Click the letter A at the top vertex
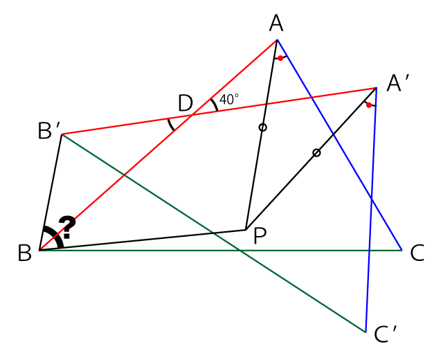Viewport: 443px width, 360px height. coord(276,24)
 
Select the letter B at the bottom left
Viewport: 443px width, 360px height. coord(25,253)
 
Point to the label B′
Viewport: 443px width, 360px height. coord(49,131)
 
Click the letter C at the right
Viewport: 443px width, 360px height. coord(417,253)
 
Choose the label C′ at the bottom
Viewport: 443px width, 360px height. coord(386,334)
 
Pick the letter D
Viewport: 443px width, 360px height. coord(186,103)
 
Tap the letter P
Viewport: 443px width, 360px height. coord(260,236)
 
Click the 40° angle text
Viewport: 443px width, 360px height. coord(229,99)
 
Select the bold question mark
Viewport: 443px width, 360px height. coord(67,227)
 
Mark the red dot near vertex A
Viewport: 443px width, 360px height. coord(280,58)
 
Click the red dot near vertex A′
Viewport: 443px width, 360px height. coord(369,105)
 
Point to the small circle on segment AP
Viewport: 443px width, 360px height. coord(263,127)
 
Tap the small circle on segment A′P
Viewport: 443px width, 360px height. coord(317,153)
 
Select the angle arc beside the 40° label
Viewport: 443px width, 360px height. coord(215,105)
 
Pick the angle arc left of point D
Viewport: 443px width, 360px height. coord(171,125)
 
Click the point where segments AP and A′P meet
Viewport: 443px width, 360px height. coord(246,229)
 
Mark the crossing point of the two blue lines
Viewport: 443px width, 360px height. coord(372,199)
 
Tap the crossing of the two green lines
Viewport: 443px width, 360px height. coord(239,251)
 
